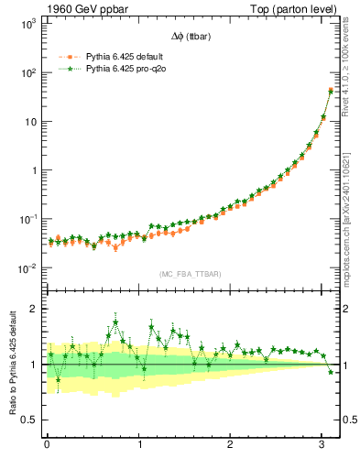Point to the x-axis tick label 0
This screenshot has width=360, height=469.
(x=47, y=444)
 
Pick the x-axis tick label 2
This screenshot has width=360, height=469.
(x=231, y=444)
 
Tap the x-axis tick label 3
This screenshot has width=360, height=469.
(x=323, y=444)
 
